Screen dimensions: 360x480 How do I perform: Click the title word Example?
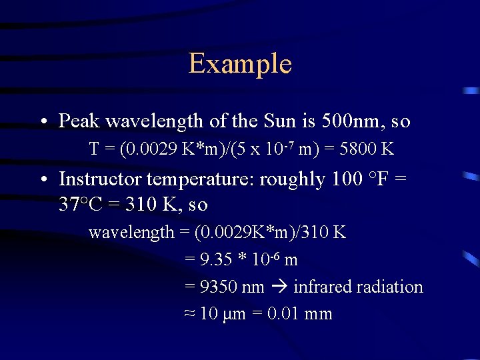[x=240, y=64]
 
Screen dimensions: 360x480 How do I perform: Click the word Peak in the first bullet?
[x=79, y=121]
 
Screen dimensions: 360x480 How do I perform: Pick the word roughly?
[x=290, y=179]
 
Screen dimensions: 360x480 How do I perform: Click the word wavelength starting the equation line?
[x=131, y=233]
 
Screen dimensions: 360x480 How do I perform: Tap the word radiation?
[x=390, y=287]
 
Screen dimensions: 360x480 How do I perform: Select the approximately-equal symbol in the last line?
[x=189, y=314]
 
